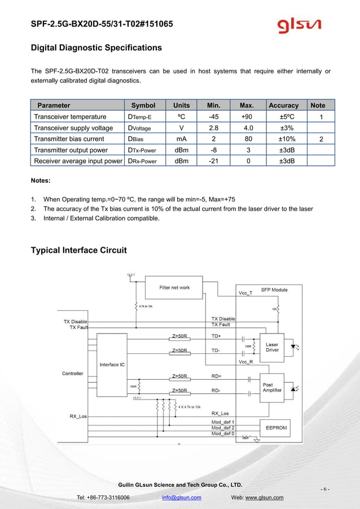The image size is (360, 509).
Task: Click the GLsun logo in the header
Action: point(299,25)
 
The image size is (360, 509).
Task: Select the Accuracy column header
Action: point(284,105)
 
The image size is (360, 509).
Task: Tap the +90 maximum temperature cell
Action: point(247,117)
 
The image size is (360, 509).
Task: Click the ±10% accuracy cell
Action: point(284,139)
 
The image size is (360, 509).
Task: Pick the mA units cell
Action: point(181,139)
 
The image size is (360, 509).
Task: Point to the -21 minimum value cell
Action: point(214,161)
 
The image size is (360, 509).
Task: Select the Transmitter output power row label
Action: point(71,150)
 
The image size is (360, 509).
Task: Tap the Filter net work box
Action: point(174,288)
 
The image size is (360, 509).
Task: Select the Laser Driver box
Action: point(272,347)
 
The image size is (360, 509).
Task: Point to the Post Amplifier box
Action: point(272,388)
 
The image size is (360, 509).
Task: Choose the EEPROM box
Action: point(276,428)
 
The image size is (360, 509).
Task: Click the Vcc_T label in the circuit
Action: point(246,293)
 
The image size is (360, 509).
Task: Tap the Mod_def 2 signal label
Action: point(223,428)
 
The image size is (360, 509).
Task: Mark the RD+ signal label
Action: point(216,376)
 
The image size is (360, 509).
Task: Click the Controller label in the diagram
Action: point(72,374)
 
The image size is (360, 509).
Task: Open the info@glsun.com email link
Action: point(181,498)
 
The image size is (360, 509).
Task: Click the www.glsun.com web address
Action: point(264,498)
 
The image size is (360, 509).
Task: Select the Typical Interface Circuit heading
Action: point(78,250)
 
